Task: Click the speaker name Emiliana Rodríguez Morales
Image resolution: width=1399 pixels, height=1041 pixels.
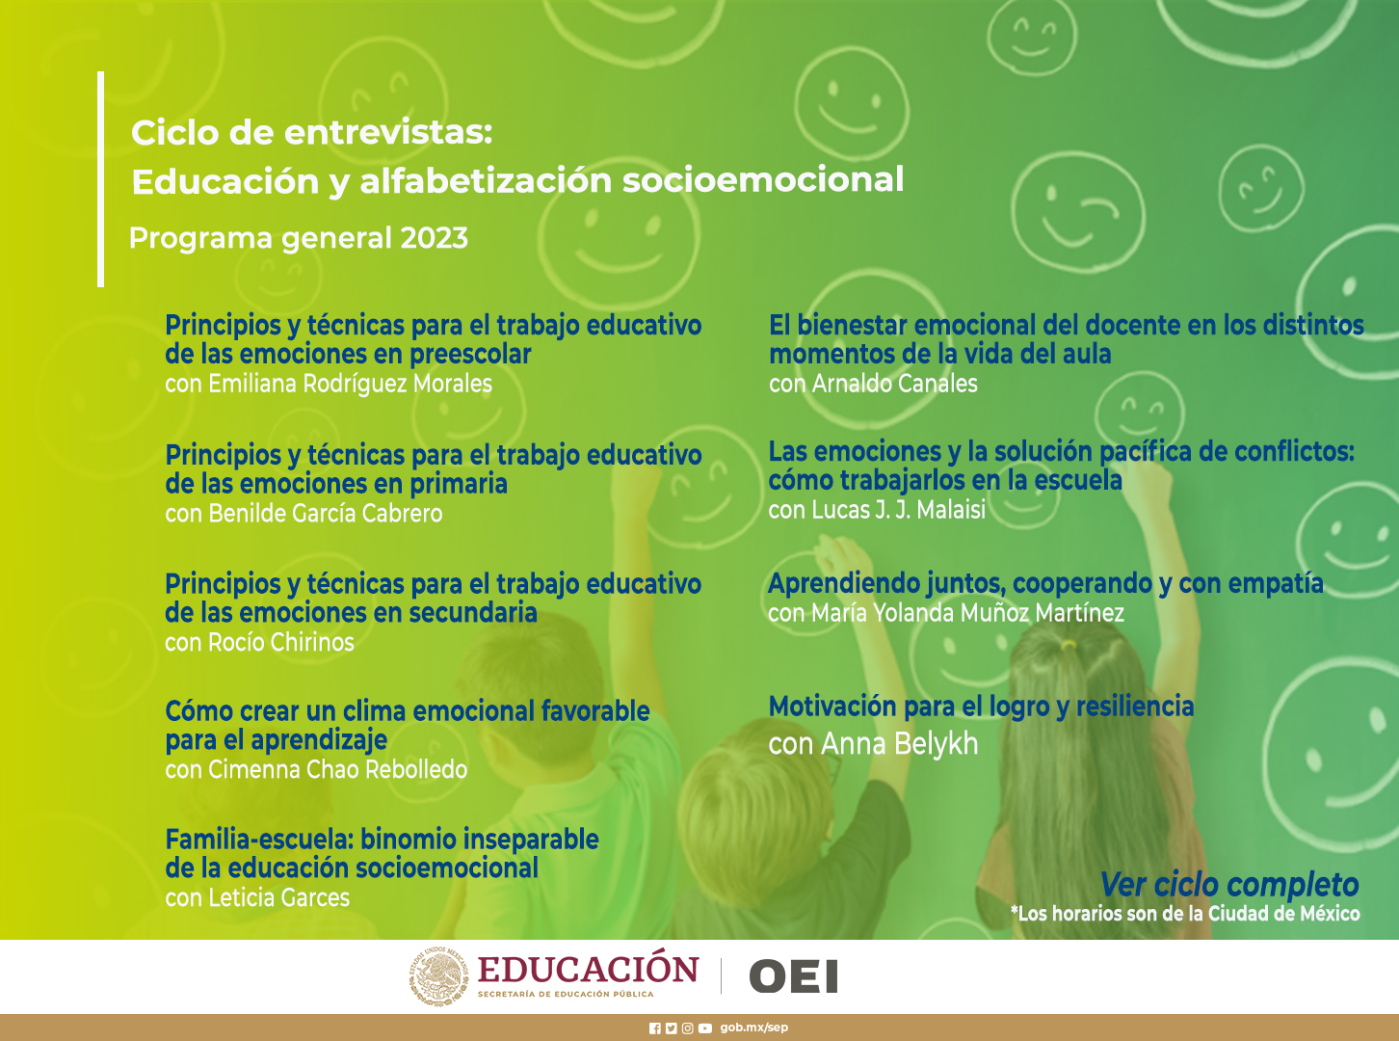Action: tap(350, 384)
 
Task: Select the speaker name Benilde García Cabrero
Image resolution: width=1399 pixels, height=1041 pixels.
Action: tap(326, 513)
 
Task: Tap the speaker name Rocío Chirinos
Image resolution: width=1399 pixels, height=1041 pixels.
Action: tap(281, 642)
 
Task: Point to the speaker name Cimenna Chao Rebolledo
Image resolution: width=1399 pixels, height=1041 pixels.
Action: tap(337, 769)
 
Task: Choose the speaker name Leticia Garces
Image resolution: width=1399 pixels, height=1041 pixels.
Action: tap(278, 897)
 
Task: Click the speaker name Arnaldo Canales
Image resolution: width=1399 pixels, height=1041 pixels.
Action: tap(894, 384)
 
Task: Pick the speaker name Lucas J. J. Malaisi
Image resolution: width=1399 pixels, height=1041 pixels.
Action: tap(898, 510)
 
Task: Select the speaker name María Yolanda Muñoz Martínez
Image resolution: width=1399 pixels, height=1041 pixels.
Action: tap(967, 613)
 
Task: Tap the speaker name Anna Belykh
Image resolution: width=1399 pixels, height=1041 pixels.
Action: tap(900, 744)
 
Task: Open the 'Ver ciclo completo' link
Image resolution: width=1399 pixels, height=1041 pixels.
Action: tap(1230, 885)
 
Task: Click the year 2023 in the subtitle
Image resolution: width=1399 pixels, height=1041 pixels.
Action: tap(434, 238)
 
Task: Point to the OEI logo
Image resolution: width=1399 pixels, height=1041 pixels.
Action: tap(794, 976)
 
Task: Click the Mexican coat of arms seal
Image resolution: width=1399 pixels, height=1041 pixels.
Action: tap(439, 976)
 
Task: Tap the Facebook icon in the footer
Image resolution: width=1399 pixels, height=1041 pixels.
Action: tap(655, 1028)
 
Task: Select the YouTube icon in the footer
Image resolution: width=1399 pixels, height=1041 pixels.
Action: tap(705, 1028)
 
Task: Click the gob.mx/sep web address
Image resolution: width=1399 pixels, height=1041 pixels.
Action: tap(753, 1028)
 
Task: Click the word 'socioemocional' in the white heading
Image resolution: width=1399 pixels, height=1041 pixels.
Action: tap(763, 180)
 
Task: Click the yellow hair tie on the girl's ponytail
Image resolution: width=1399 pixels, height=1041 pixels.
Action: tap(1068, 645)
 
